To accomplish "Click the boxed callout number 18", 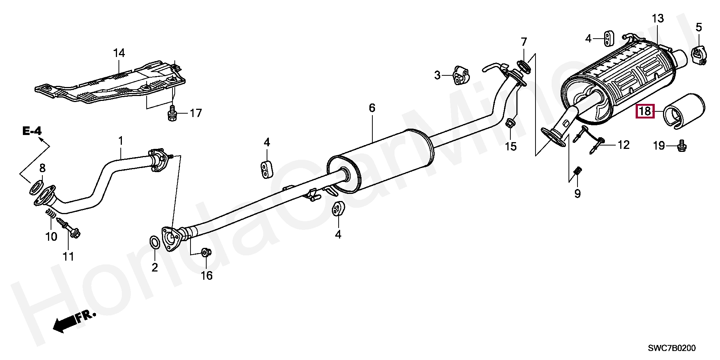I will (645, 111).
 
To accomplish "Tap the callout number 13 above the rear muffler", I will (657, 19).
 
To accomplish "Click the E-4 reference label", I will (31, 131).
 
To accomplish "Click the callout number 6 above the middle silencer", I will (372, 108).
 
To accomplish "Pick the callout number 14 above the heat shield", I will (119, 53).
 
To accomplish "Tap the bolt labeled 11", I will (71, 229).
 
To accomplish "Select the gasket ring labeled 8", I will (36, 187).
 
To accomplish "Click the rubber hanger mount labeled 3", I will (460, 75).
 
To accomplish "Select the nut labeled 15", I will (510, 123).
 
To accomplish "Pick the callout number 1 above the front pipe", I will (120, 141).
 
